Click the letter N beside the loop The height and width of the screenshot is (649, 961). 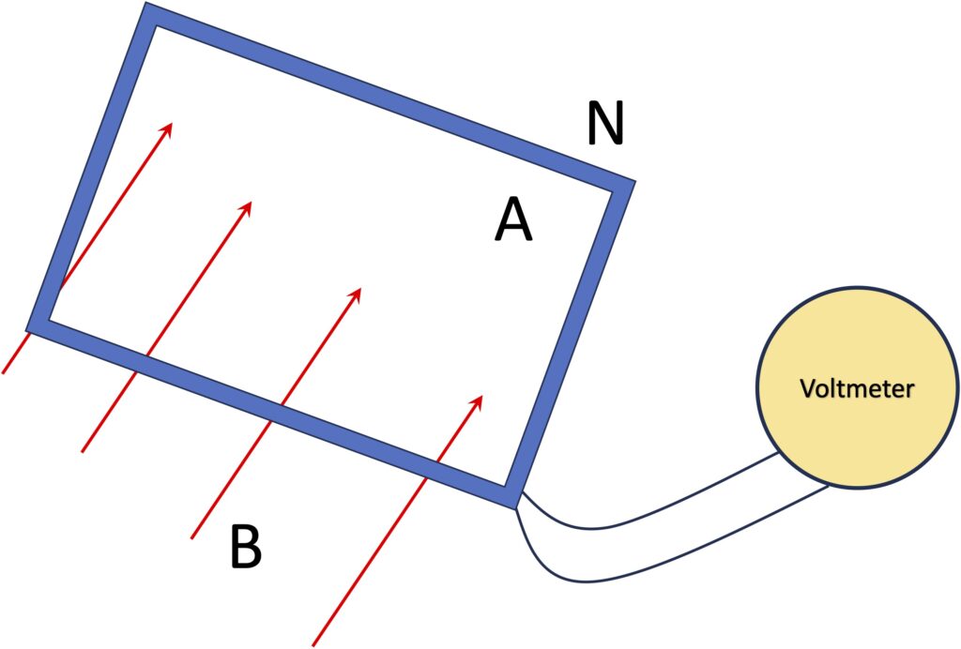[605, 124]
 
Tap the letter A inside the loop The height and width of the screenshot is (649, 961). [513, 223]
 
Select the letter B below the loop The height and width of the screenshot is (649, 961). [246, 548]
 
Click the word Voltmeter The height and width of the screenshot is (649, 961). [857, 388]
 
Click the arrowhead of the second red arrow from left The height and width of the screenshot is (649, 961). [249, 206]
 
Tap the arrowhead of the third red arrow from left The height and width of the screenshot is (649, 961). [357, 293]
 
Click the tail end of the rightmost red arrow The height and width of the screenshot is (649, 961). [313, 645]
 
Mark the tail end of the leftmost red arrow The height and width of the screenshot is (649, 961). [4, 372]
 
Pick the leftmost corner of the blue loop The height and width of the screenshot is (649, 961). [34, 324]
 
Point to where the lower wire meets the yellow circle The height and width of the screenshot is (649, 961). [829, 487]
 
